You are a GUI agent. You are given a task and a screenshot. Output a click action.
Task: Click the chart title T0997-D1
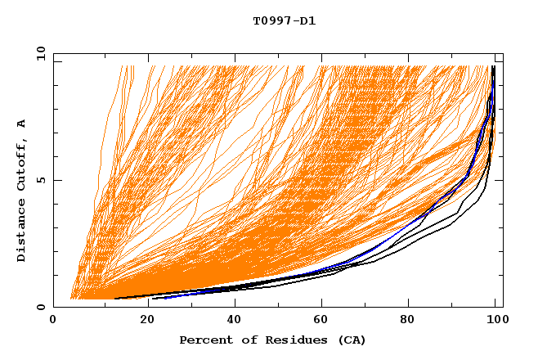(x=284, y=20)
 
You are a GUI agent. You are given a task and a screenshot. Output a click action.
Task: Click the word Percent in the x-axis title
(x=204, y=340)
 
